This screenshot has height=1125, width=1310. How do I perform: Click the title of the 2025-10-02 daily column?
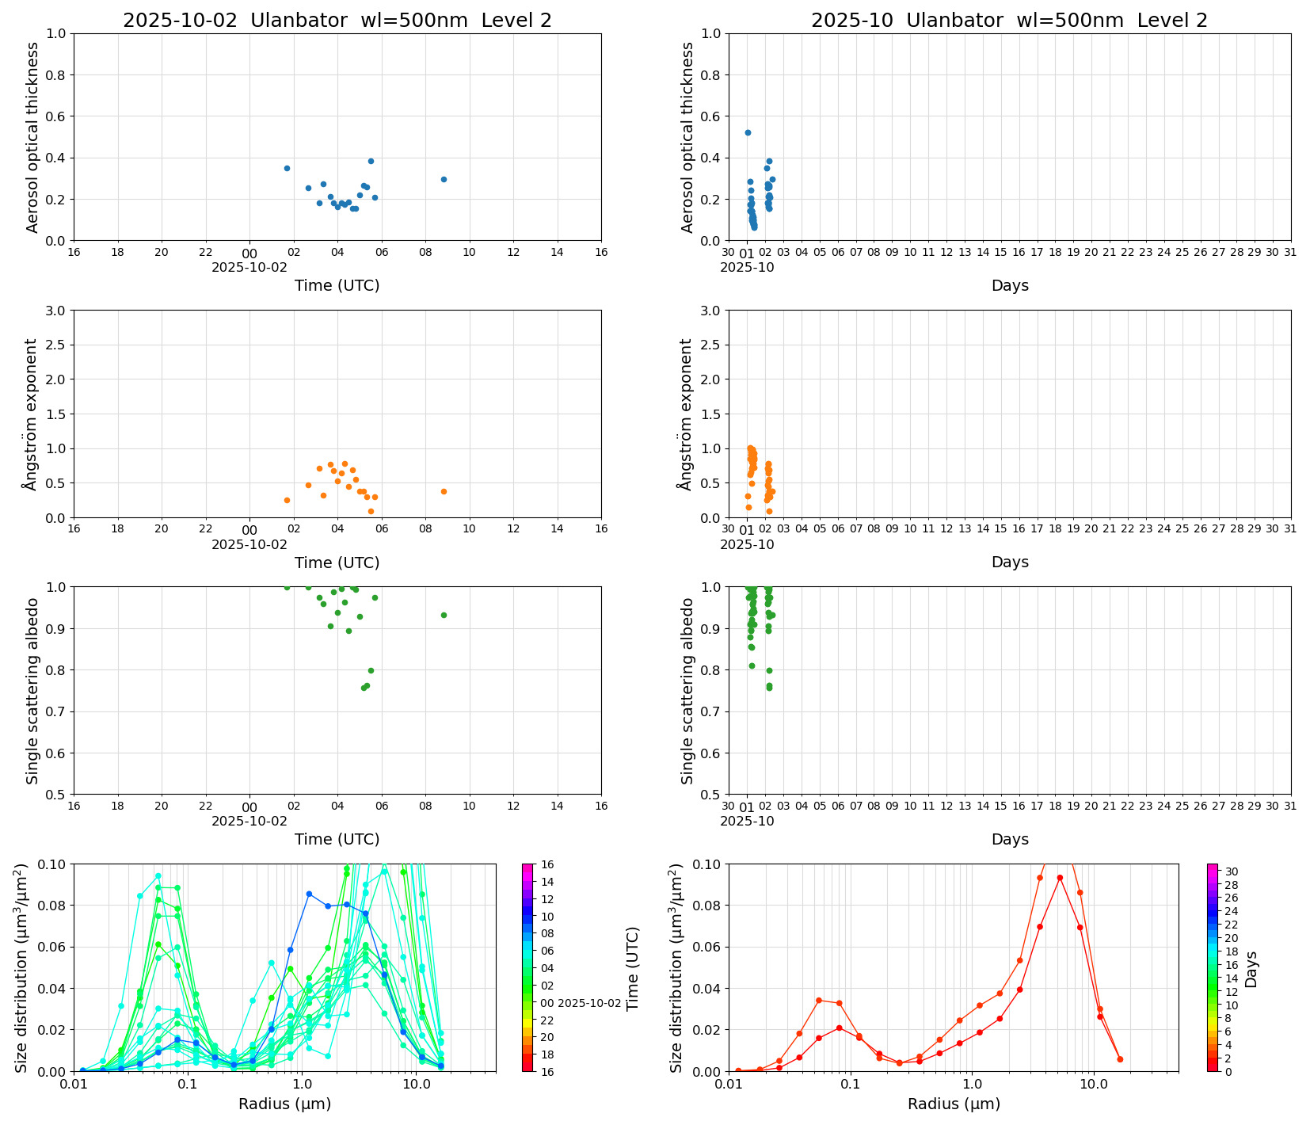click(337, 21)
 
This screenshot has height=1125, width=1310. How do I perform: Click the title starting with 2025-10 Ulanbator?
click(1009, 21)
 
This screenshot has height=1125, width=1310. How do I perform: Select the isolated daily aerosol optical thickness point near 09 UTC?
click(444, 179)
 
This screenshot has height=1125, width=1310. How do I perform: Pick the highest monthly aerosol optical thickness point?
click(748, 132)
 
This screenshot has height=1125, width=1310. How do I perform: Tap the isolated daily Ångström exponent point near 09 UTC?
click(444, 491)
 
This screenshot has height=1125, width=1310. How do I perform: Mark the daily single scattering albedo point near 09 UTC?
click(444, 615)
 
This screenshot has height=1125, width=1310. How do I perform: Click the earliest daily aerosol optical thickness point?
click(287, 168)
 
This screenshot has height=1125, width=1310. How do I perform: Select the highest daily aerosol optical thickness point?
click(371, 161)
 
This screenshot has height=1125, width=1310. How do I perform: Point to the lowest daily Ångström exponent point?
click(371, 511)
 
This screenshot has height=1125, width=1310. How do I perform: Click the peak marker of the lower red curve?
click(1060, 878)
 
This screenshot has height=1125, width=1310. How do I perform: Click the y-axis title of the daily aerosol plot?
click(32, 137)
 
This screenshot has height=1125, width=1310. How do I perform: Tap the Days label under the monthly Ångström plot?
click(1010, 562)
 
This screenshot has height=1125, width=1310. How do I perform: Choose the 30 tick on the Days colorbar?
click(1232, 871)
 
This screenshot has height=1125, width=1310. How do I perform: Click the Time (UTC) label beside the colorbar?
click(632, 968)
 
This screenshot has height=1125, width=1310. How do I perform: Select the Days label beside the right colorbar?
click(1251, 968)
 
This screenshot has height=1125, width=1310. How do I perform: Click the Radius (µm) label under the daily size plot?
click(285, 1104)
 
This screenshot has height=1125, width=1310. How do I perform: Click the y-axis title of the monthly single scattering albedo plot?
click(687, 691)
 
